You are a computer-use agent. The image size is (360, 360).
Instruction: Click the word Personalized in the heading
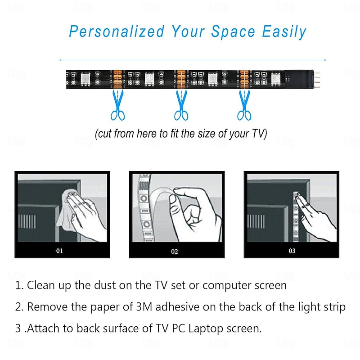point(117,31)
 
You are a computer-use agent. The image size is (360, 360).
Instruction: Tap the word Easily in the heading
point(284,32)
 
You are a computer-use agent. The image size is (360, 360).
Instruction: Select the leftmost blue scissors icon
point(118,105)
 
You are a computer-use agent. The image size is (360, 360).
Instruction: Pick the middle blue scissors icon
point(181,105)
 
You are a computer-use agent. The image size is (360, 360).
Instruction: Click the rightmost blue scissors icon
point(244,105)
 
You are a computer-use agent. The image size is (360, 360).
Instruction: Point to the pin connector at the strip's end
point(317,78)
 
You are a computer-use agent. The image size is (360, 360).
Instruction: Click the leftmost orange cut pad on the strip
point(117,80)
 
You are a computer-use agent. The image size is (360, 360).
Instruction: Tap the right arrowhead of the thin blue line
point(325,60)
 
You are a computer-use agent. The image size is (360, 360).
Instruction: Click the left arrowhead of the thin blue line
point(60,60)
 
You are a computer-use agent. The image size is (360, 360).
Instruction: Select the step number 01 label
point(59,251)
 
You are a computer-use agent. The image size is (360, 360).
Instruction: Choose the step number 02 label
point(175,252)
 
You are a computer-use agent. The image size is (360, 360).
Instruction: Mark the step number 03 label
point(292,251)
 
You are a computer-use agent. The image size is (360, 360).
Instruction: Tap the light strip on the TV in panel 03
point(296,216)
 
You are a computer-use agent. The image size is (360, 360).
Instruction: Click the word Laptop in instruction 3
point(206,328)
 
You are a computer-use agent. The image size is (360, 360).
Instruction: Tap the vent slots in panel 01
point(27,221)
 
